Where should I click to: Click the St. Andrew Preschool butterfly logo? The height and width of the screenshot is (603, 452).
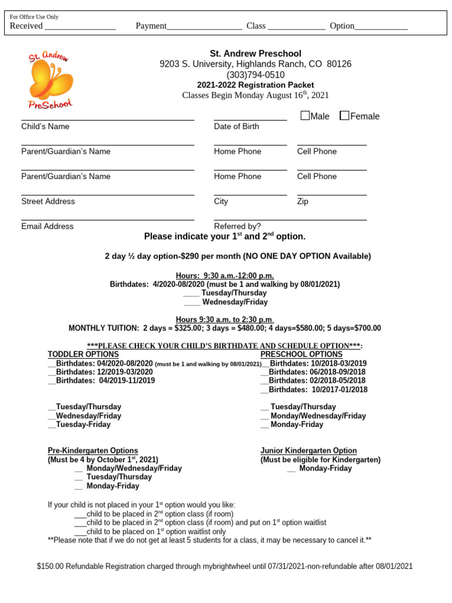(x=51, y=79)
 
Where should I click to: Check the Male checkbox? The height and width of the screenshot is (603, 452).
(x=305, y=115)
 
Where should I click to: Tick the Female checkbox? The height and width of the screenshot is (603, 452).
(x=344, y=115)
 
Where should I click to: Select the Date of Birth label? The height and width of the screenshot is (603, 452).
(x=236, y=127)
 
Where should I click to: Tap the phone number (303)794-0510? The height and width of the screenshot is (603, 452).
(x=255, y=75)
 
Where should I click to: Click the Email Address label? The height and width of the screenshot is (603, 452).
(x=47, y=226)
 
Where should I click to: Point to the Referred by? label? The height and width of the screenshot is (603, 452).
(x=237, y=226)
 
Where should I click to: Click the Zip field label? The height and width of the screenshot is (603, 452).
(x=303, y=201)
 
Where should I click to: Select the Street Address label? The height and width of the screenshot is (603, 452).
(x=48, y=201)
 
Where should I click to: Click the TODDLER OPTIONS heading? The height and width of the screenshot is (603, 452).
(x=83, y=354)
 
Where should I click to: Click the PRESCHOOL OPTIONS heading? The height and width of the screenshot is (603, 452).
(x=301, y=354)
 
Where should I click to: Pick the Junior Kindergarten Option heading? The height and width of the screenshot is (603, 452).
(x=308, y=450)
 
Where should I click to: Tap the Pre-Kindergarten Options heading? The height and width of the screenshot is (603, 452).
(x=92, y=450)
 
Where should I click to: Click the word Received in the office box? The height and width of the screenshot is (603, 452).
(x=26, y=26)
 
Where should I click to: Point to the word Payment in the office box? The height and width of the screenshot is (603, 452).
(x=151, y=26)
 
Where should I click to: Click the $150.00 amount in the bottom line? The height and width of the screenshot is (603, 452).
(x=50, y=566)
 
